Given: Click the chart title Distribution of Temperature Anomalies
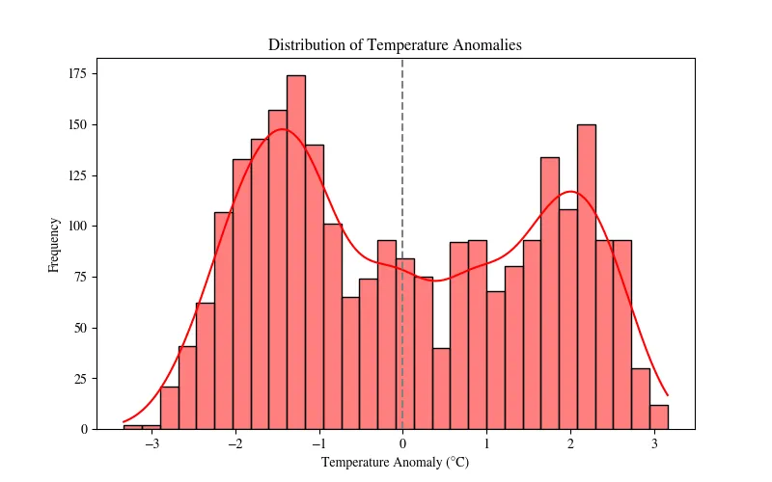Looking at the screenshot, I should tap(395, 45).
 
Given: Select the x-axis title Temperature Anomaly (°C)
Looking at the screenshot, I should tap(395, 463).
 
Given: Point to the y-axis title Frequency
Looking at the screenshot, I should tap(55, 245).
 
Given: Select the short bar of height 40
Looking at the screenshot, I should tap(441, 388).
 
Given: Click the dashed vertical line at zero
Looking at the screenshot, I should tap(402, 145).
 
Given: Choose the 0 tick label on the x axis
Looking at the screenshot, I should tap(402, 445).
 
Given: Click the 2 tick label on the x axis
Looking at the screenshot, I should tap(570, 445).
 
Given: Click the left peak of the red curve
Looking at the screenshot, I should tap(281, 129).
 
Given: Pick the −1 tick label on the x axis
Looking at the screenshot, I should tap(318, 445).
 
